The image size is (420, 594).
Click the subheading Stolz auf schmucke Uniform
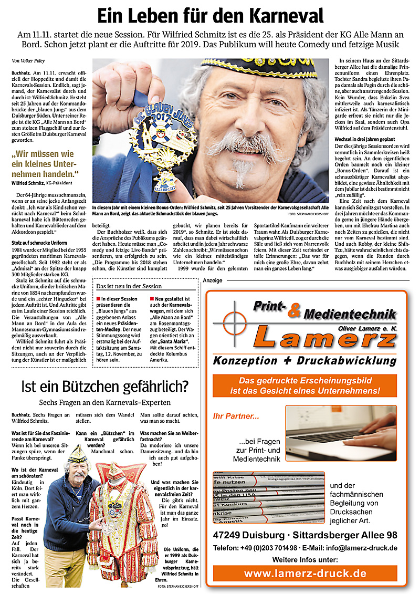point(39,243)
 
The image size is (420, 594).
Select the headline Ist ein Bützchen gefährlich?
point(104,388)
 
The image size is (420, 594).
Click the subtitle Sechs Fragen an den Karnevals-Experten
point(105,402)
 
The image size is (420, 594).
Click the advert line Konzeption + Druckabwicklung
point(304,361)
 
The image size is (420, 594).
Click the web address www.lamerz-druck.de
point(305,574)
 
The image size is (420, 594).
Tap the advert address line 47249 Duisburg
point(305,535)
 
